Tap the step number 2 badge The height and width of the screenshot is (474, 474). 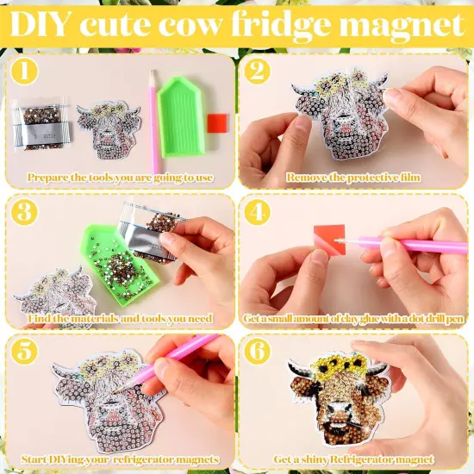coord(256,72)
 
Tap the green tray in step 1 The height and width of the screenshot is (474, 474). coord(187,126)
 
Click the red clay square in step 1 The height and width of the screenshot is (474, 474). coord(220,122)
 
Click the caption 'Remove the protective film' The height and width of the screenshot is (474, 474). coord(353,178)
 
